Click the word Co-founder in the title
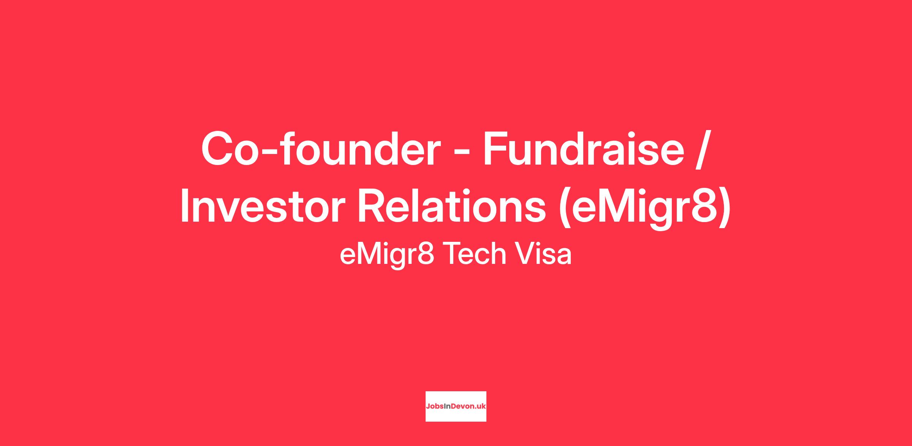321,148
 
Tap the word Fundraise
584,148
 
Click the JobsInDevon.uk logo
456,406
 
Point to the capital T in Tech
452,254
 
